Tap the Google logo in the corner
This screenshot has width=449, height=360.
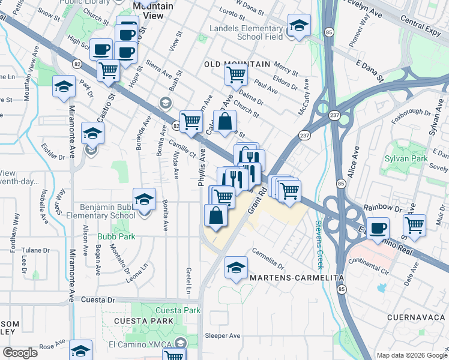pyautogui.click(x=20, y=353)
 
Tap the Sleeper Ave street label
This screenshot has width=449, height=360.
pyautogui.click(x=223, y=335)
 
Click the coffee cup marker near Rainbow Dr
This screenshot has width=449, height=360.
pyautogui.click(x=378, y=228)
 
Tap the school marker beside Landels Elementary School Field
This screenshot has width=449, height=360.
pyautogui.click(x=298, y=25)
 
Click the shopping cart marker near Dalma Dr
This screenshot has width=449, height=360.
pyautogui.click(x=236, y=75)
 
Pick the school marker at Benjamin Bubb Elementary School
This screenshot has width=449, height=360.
pyautogui.click(x=144, y=199)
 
